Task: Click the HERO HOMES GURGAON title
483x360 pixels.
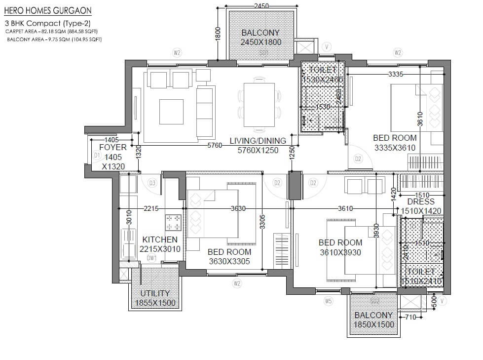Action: pos(47,10)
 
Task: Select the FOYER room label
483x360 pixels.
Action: pos(113,147)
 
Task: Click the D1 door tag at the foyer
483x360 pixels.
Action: pos(97,156)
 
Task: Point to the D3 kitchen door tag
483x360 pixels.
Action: pos(152,183)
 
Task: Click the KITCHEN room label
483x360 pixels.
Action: pos(160,240)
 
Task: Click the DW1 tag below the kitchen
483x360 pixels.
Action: pos(151,258)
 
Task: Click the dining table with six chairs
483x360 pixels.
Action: pos(260,106)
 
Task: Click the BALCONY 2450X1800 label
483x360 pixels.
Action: pos(261,38)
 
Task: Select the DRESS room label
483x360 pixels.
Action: pos(421,201)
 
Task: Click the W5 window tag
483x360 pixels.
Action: pos(328,301)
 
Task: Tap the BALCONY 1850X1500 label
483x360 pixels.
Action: pos(373,320)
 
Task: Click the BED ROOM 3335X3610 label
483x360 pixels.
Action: pos(395,143)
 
